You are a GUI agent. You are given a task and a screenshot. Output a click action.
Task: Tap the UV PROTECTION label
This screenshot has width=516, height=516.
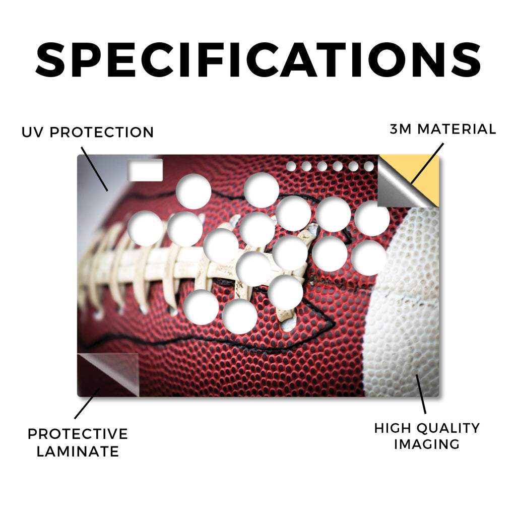point(88,133)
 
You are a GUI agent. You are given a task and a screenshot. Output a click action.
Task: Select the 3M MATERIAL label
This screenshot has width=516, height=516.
point(443,129)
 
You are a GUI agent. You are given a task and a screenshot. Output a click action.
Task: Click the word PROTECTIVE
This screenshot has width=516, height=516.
point(78,434)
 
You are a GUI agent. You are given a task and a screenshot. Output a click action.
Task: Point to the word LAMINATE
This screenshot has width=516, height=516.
point(78,451)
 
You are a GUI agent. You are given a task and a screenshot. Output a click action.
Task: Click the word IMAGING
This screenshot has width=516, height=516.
point(427,444)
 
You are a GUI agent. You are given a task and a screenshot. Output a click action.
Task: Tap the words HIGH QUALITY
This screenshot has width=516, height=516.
point(427,428)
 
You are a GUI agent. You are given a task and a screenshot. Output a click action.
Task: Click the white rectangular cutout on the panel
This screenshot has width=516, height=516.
point(145,170)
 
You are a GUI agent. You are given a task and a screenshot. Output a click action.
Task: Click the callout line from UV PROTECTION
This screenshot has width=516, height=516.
point(94,169)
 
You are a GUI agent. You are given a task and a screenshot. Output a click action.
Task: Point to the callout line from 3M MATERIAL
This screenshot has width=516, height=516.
point(427,163)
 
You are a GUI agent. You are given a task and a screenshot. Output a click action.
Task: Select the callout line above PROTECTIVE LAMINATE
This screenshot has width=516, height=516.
point(87,404)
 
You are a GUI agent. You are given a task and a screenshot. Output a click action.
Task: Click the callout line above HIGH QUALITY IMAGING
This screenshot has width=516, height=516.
point(421,394)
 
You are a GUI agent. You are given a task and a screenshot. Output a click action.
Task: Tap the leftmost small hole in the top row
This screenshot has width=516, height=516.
point(291,166)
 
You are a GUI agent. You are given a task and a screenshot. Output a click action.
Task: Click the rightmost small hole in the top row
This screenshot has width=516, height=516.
point(369,166)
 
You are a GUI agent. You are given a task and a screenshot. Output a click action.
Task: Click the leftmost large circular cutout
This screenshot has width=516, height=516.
point(145,228)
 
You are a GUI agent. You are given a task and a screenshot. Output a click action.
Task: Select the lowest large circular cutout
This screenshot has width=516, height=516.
point(239,316)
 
